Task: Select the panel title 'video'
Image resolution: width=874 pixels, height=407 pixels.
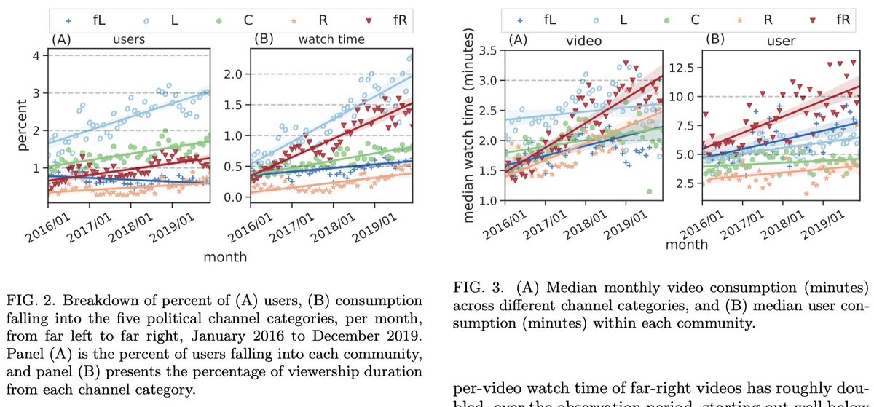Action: pos(583,42)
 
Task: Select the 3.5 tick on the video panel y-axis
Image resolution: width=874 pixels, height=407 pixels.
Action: pos(497,50)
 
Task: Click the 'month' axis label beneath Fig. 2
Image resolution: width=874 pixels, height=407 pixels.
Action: pos(224,257)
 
